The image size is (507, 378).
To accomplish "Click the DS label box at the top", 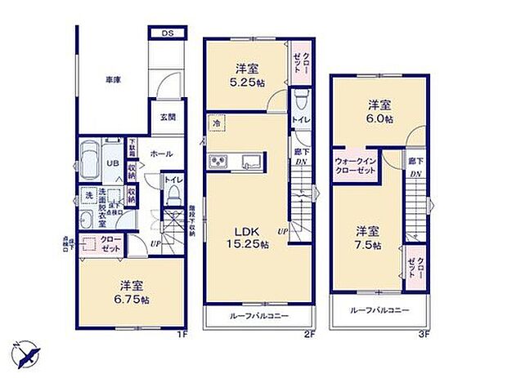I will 167,33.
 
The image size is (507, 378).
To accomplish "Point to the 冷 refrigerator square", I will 217,122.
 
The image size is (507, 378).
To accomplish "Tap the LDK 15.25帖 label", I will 244,233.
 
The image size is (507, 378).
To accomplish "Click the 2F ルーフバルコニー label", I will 259,316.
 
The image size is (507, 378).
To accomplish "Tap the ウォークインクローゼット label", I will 354,166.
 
